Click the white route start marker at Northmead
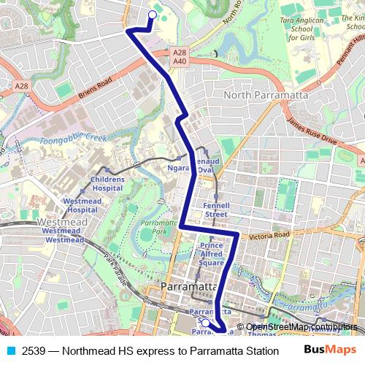click(153, 14)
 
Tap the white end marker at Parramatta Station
click(206, 323)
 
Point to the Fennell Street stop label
click(217, 210)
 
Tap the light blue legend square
click(10, 350)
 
